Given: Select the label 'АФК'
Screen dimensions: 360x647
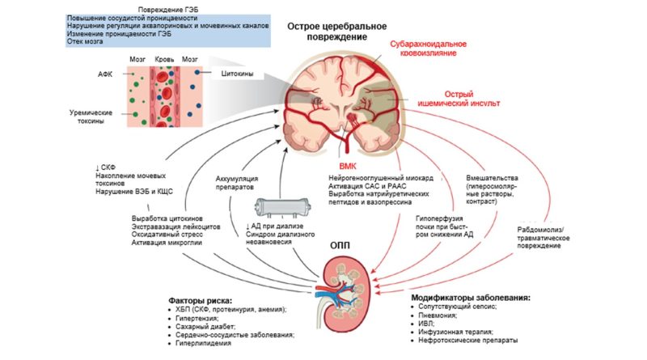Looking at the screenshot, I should point(104,73).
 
